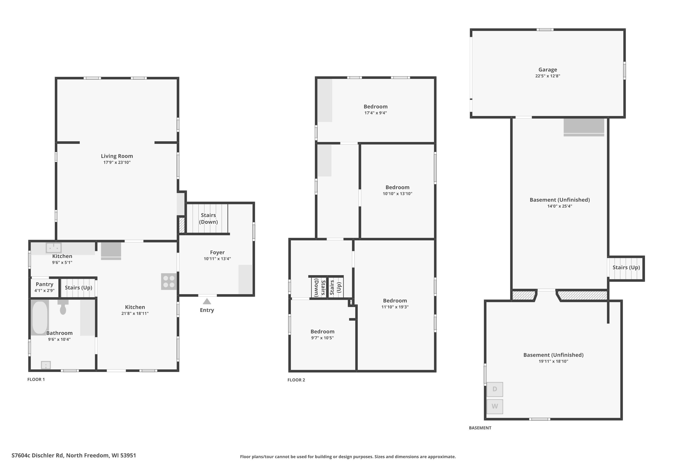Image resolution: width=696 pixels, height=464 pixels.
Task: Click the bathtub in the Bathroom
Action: (x=40, y=318)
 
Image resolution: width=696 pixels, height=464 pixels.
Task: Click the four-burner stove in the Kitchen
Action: (x=169, y=281)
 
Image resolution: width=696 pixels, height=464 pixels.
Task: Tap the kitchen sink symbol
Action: (x=54, y=248)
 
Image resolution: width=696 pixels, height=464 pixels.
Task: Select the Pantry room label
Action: (x=44, y=284)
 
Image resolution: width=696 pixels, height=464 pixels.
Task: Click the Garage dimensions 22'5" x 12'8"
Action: (x=548, y=76)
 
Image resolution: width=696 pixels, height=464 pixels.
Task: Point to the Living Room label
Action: (x=117, y=156)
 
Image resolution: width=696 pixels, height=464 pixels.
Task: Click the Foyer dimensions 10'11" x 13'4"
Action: (x=217, y=259)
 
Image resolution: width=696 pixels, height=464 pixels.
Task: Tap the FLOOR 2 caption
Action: (x=296, y=380)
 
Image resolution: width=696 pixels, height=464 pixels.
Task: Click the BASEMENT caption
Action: (x=480, y=428)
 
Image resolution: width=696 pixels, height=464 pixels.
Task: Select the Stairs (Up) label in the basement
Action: (x=626, y=267)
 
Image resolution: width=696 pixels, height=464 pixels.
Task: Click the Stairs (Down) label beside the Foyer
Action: (x=208, y=218)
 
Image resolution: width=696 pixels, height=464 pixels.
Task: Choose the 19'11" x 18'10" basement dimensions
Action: (x=553, y=361)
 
